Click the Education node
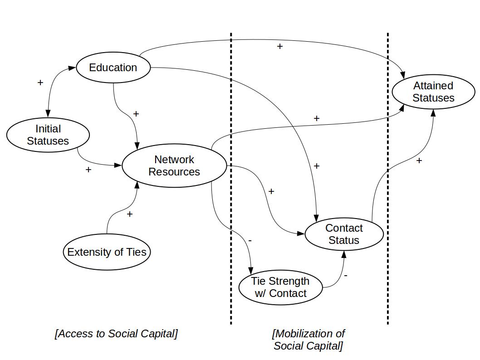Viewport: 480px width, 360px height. pos(113,68)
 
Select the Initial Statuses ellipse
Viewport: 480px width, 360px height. pos(48,135)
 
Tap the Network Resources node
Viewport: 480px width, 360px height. pos(174,166)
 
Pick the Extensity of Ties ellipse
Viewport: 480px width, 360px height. pos(107,252)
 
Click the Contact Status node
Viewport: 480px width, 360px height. pos(344,234)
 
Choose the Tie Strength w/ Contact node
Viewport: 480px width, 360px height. pos(280,287)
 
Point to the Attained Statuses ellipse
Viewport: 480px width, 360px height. pos(433,92)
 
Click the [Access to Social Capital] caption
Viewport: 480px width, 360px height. pos(116,334)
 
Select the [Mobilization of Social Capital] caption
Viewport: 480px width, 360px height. pos(308,340)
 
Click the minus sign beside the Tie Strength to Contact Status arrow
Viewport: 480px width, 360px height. pos(346,275)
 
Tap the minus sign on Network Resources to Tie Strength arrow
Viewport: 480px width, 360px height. pos(250,240)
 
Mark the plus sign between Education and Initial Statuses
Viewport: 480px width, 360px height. pos(40,83)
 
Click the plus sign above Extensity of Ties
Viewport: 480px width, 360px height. pos(130,214)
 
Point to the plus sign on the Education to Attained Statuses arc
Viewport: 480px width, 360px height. pos(280,46)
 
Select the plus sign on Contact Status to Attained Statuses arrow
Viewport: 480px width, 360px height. pos(419,161)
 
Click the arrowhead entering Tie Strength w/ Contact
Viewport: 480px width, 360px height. pos(251,271)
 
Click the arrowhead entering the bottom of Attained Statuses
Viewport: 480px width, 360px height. pos(433,113)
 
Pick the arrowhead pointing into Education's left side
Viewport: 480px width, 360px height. pos(72,68)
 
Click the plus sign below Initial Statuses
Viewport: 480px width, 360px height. pos(88,170)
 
